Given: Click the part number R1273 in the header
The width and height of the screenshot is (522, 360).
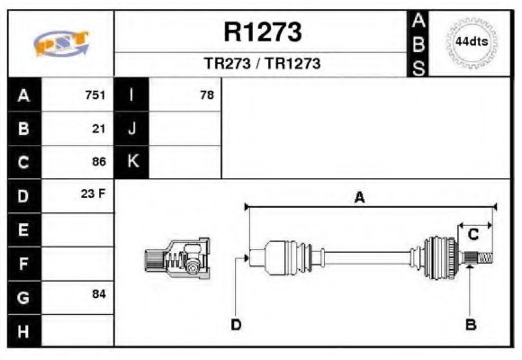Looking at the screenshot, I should pyautogui.click(x=262, y=33).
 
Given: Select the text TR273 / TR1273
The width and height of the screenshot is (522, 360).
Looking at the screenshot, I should pyautogui.click(x=262, y=64).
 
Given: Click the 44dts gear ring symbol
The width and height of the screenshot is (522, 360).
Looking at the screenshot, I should pyautogui.click(x=471, y=42).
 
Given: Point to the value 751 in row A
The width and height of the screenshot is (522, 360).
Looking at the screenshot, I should pyautogui.click(x=95, y=94).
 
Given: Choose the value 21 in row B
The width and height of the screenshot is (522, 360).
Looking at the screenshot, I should pyautogui.click(x=99, y=129).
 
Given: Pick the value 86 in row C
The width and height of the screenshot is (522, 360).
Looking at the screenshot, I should pyautogui.click(x=99, y=162).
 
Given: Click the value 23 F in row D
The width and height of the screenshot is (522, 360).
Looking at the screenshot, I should pyautogui.click(x=94, y=194).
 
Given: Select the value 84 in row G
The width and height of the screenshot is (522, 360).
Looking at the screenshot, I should pyautogui.click(x=99, y=294).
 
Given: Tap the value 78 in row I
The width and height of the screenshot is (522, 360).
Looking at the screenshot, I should pyautogui.click(x=207, y=94).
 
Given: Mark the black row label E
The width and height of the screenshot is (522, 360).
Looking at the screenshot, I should pyautogui.click(x=23, y=229).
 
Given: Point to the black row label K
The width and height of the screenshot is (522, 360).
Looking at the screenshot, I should pyautogui.click(x=132, y=162).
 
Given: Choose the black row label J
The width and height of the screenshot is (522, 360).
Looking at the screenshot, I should pyautogui.click(x=132, y=129).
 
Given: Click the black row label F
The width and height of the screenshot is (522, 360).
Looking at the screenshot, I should pyautogui.click(x=23, y=263).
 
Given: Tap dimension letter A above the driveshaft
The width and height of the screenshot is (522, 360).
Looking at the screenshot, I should pyautogui.click(x=359, y=198).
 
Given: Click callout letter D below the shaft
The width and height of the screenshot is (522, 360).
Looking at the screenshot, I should pyautogui.click(x=236, y=324).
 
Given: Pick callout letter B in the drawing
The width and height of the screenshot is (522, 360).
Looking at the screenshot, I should pyautogui.click(x=470, y=324).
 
